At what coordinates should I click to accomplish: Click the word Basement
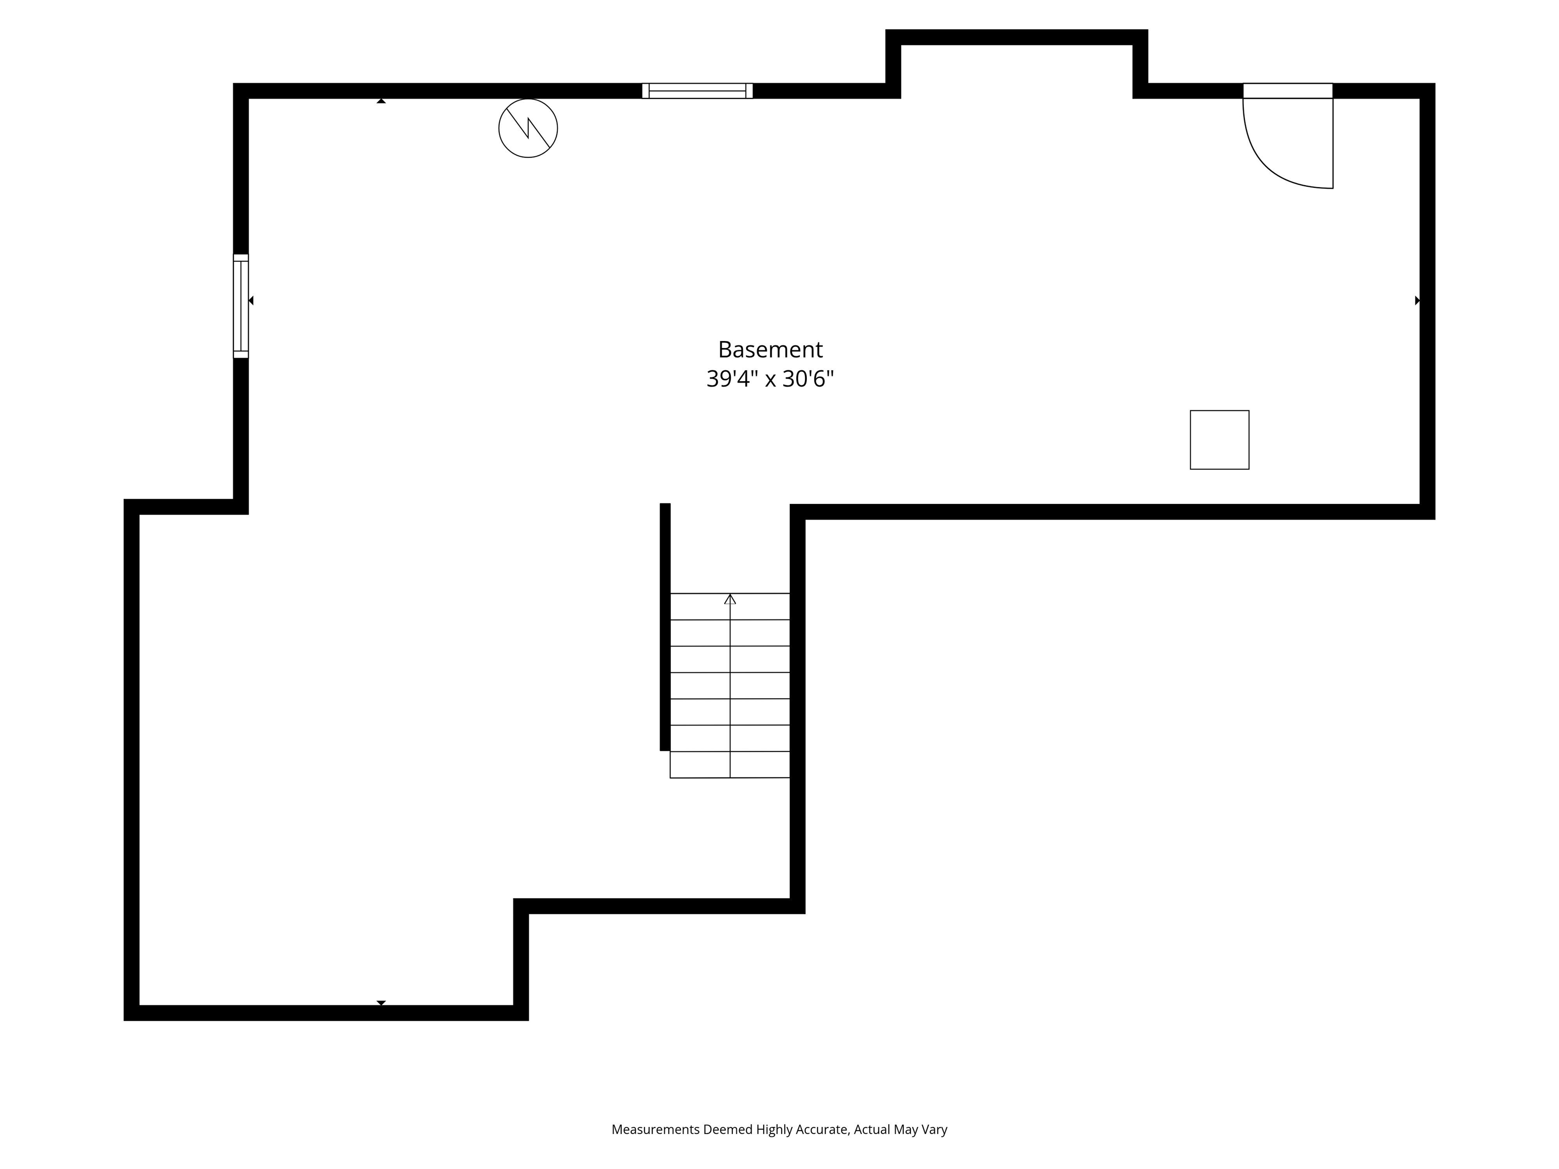click(x=770, y=350)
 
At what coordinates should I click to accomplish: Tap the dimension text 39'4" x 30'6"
click(x=770, y=379)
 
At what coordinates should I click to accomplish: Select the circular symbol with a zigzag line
click(x=528, y=128)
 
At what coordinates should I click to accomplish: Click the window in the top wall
click(x=697, y=91)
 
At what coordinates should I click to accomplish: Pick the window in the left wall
click(x=241, y=306)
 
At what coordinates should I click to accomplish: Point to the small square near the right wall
click(x=1219, y=440)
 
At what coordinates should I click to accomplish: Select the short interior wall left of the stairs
click(x=665, y=627)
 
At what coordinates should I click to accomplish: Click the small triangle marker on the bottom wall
click(x=381, y=1003)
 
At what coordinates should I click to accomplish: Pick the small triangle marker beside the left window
click(x=251, y=301)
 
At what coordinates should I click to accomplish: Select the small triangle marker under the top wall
click(x=381, y=101)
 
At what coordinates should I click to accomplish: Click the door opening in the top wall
click(x=1287, y=91)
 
